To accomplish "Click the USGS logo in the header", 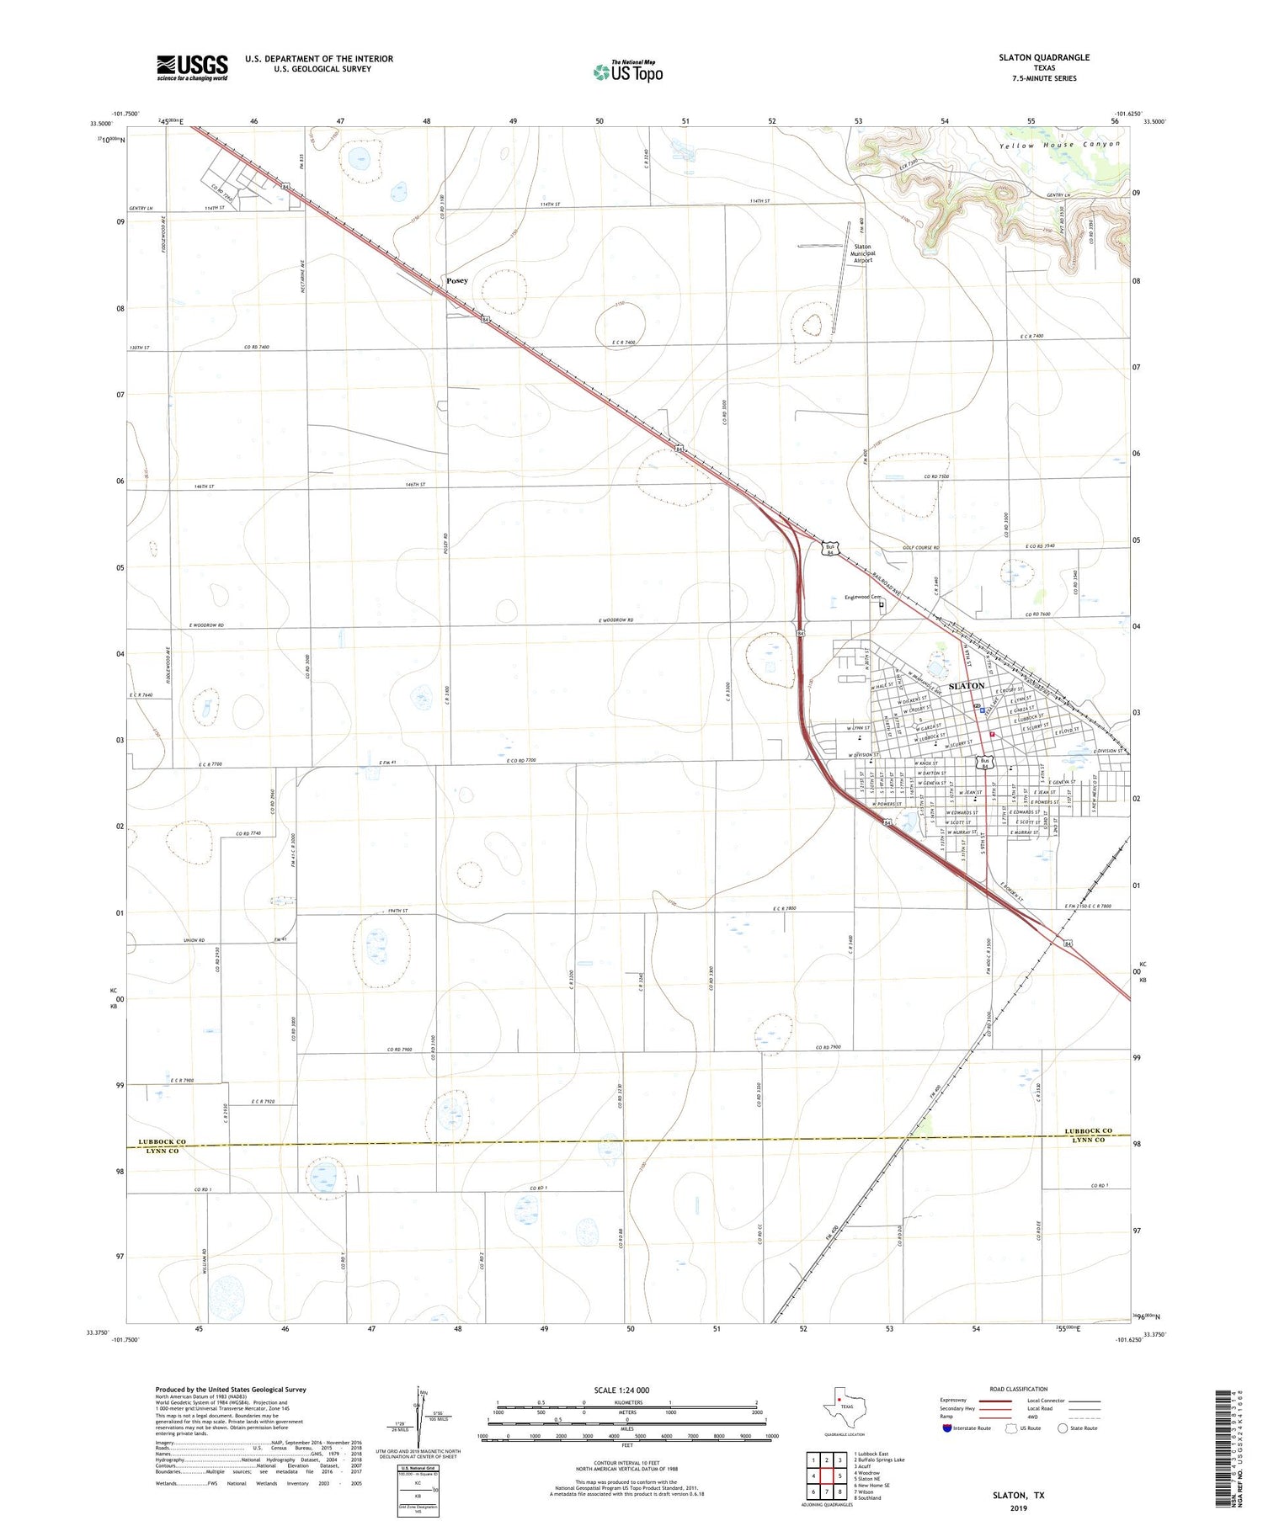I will [192, 67].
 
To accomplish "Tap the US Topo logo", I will [627, 72].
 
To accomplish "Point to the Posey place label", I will [457, 280].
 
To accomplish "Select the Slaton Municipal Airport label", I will [862, 253].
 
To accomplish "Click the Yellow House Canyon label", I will [1060, 145].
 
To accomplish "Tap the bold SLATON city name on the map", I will [966, 686].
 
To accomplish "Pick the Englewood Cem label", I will [861, 598].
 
